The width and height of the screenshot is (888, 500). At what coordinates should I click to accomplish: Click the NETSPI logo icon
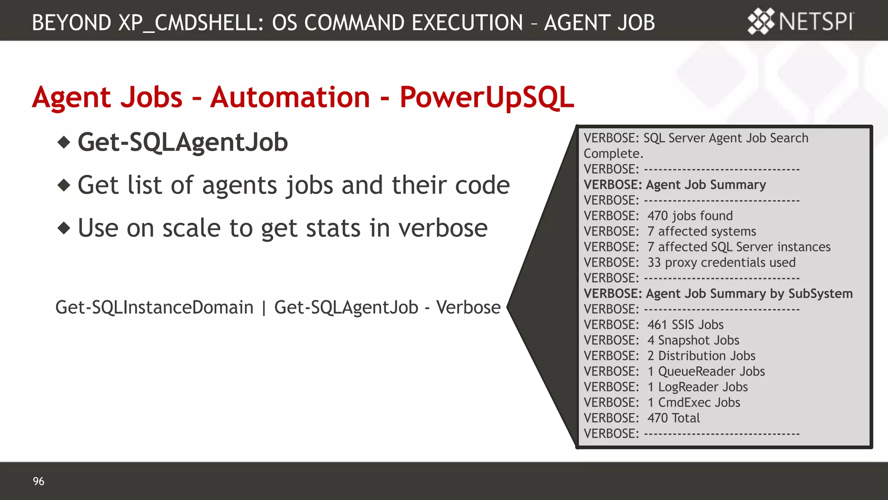[761, 21]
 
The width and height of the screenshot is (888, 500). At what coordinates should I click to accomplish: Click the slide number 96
[39, 481]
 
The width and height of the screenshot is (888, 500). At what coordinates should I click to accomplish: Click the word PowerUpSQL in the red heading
[486, 97]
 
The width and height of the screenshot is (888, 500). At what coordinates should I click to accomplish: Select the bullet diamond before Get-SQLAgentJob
[64, 142]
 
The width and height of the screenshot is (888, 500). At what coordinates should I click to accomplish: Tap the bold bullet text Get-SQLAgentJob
[183, 142]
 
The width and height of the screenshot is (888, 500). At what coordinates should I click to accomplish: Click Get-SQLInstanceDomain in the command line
[154, 307]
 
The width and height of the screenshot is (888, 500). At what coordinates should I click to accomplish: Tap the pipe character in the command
[264, 308]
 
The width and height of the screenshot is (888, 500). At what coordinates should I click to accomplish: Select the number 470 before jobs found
[657, 216]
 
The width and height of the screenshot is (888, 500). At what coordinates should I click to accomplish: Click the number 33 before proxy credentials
[654, 263]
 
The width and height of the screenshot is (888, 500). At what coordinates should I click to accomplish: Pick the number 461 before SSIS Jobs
[657, 325]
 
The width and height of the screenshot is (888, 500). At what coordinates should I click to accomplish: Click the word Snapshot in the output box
[682, 340]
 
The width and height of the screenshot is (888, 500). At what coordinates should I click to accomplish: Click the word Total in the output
[686, 418]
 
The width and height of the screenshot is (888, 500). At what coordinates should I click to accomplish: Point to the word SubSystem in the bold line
[820, 294]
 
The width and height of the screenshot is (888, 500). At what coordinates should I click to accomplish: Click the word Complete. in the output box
[613, 154]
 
